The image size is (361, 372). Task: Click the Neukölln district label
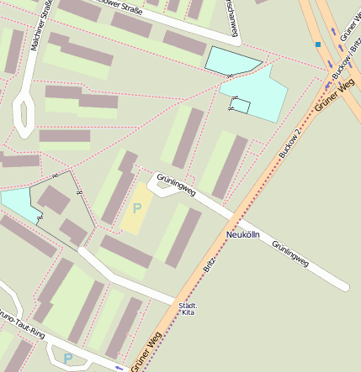246,235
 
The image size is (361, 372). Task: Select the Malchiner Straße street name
40,25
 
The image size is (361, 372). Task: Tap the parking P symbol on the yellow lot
137,207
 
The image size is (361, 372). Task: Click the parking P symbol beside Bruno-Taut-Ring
68,359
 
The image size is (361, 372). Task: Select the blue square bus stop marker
318,44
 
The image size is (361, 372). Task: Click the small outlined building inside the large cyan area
241,106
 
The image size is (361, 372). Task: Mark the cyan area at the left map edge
17,204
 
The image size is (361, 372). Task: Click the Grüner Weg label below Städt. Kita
146,351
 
